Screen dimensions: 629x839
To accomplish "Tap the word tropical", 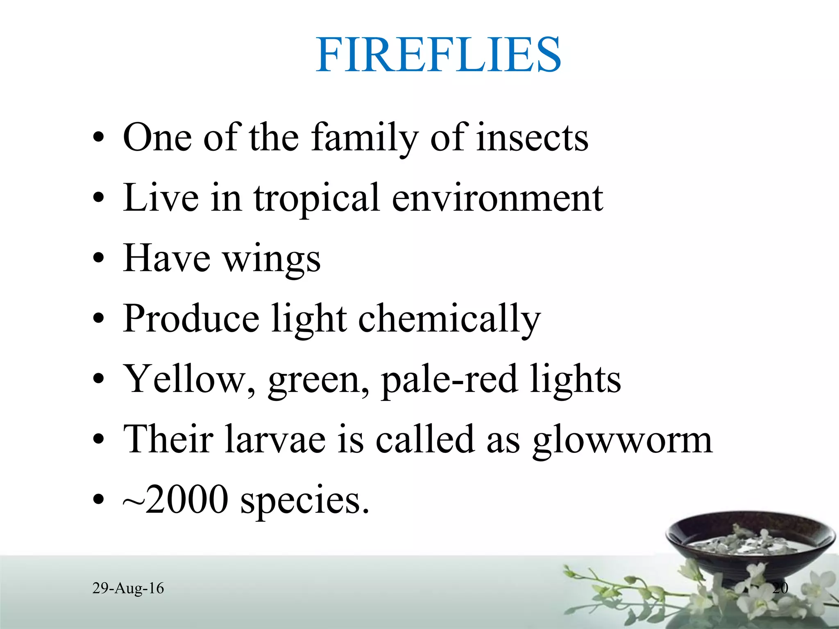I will tap(316, 198).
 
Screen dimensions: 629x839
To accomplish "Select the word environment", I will tap(497, 198).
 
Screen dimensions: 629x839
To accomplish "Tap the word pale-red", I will tap(449, 380).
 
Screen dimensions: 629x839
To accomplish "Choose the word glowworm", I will tap(622, 440).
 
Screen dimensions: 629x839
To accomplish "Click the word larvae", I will tap(275, 439).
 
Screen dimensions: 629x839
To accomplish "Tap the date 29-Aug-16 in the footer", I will tap(128, 588).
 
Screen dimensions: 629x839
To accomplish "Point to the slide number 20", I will tap(780, 588).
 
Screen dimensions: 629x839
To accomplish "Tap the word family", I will tap(365, 138).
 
